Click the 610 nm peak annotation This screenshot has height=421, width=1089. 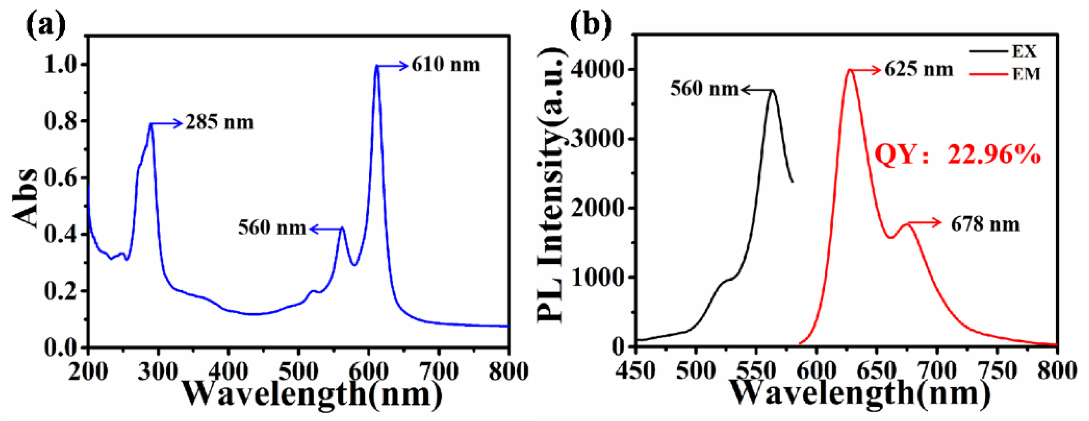click(446, 65)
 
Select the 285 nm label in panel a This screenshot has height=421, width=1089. click(220, 123)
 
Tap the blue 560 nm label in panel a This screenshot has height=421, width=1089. click(272, 228)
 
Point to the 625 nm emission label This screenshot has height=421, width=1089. click(919, 70)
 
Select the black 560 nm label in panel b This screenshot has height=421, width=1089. click(704, 89)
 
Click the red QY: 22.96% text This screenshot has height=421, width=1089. click(957, 154)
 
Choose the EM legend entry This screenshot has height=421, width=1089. click(1026, 75)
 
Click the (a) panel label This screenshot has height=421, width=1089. click(46, 25)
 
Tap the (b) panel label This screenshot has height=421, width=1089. click(590, 25)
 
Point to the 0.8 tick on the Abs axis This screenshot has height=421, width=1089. click(62, 121)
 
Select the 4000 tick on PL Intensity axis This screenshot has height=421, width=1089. click(597, 70)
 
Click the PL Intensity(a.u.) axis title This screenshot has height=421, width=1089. click(550, 186)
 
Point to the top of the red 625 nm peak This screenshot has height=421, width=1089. click(850, 70)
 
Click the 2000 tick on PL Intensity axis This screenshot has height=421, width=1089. click(597, 208)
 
